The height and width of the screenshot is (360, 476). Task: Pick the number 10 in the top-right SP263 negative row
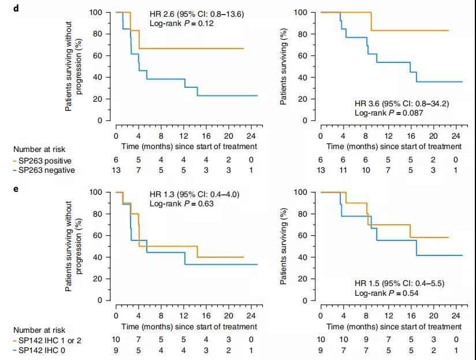366,170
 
